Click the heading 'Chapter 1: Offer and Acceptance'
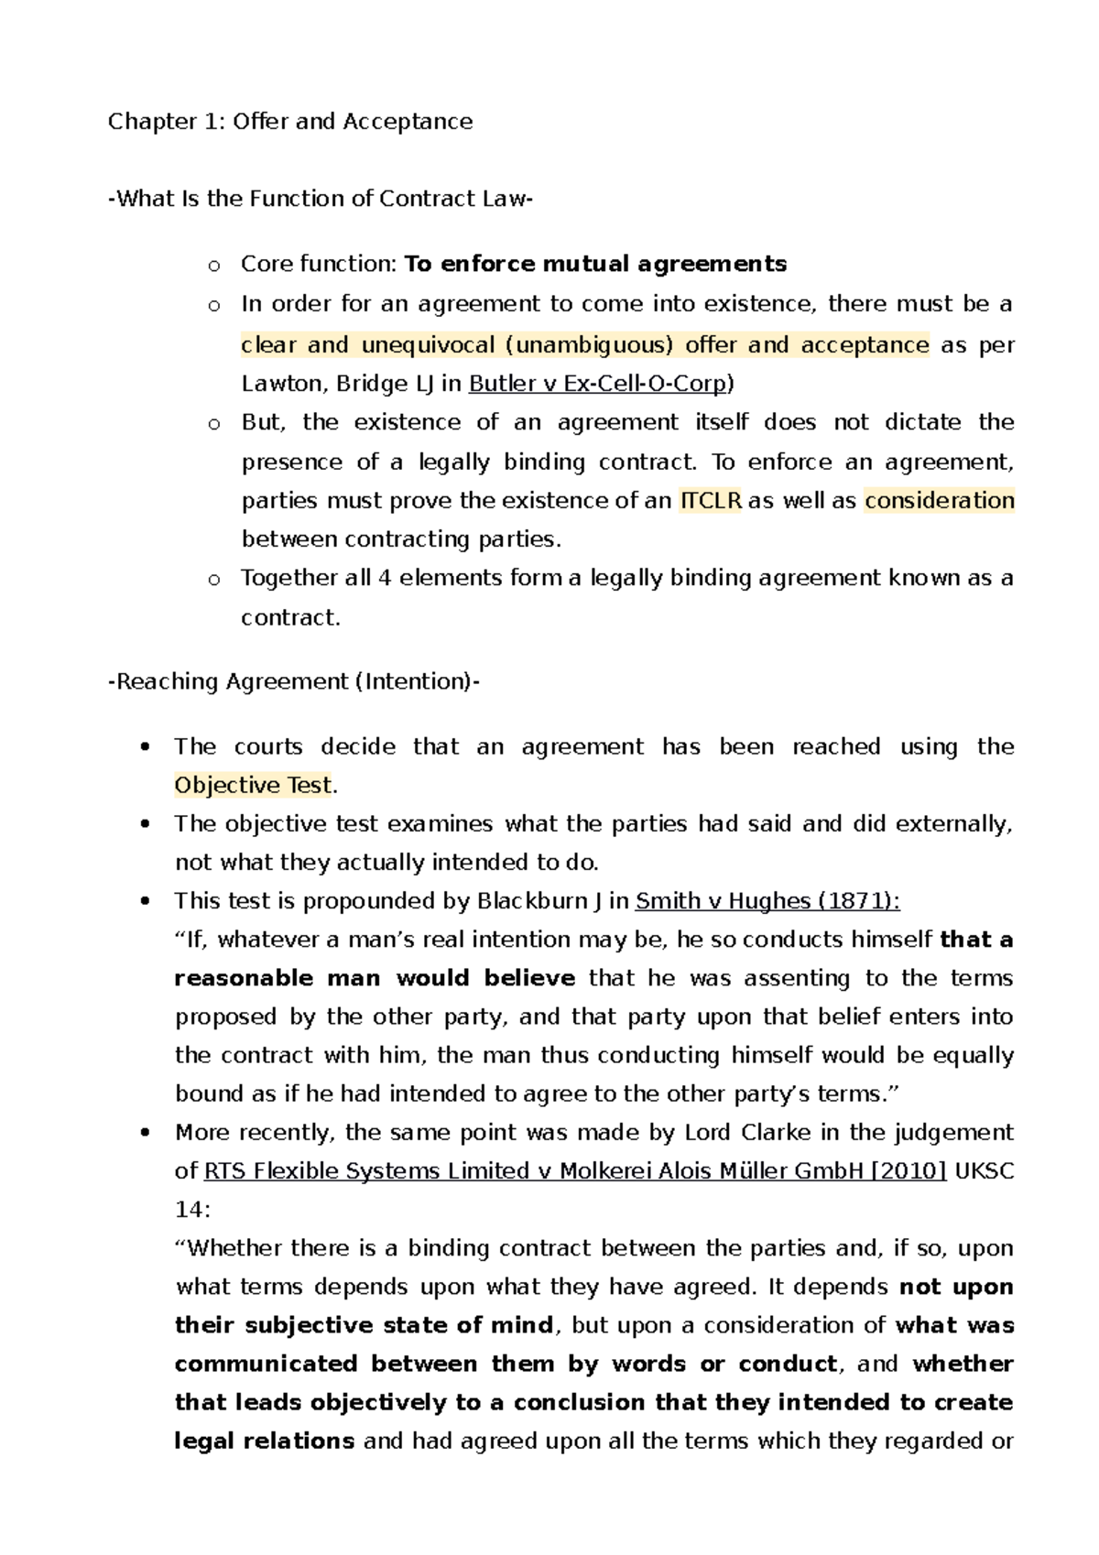click(290, 122)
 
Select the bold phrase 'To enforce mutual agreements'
click(595, 265)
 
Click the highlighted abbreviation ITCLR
click(710, 501)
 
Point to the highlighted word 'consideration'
click(939, 501)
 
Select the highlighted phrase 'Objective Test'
click(253, 786)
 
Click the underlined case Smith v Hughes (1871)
click(767, 901)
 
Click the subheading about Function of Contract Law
click(321, 199)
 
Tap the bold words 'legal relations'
click(264, 1441)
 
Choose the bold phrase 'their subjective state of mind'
click(364, 1326)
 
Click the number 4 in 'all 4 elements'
click(385, 579)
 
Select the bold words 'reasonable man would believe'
click(375, 979)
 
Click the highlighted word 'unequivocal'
click(428, 345)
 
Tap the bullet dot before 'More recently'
click(145, 1134)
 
